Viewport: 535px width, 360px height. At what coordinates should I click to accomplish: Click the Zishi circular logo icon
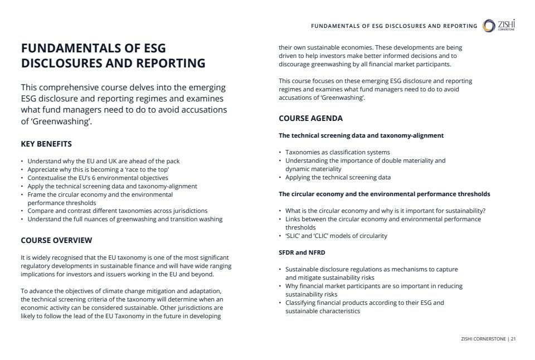coord(489,26)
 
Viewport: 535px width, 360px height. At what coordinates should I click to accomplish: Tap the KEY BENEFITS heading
coord(46,144)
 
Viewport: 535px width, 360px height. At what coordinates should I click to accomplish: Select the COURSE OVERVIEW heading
coord(56,240)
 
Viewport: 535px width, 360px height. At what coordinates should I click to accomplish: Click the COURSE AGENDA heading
coord(310,118)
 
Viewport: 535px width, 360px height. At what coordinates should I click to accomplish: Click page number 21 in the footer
coord(513,338)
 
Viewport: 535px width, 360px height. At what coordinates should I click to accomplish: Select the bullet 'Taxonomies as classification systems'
coord(337,152)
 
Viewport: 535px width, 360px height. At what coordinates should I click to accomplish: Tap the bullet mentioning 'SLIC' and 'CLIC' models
coord(336,236)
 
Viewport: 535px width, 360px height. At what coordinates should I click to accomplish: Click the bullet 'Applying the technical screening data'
coord(338,177)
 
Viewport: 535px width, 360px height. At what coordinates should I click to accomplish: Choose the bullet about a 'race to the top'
coord(98,169)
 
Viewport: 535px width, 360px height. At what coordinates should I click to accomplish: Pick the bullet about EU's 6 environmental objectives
coord(98,178)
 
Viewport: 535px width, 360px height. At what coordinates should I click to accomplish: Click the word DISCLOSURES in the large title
coord(61,64)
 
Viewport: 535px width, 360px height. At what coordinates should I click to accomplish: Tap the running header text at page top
coord(393,26)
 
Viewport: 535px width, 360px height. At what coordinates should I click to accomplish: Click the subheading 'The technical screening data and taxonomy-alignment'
coord(361,135)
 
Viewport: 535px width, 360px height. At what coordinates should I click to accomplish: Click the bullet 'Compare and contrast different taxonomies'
coord(117,211)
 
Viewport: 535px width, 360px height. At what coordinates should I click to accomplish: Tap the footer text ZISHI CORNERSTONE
coord(484,338)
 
